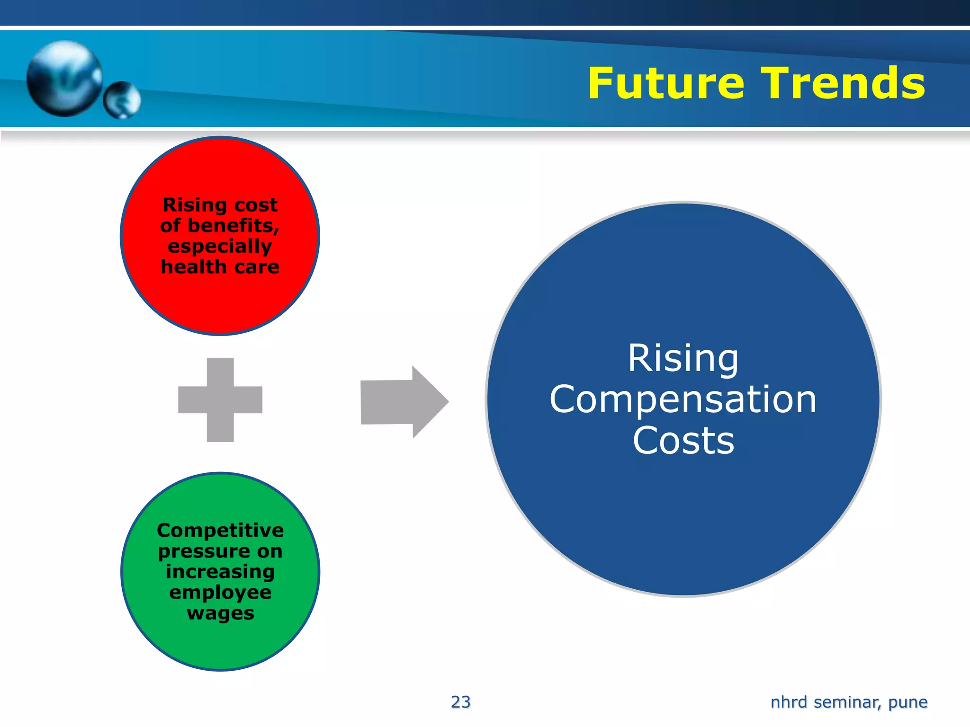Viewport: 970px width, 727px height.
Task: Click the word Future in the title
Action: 665,83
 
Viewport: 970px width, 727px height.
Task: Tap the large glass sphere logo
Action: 64,79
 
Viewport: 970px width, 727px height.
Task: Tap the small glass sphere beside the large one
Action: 122,99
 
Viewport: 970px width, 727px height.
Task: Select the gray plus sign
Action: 220,400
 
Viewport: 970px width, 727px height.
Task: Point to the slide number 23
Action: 460,702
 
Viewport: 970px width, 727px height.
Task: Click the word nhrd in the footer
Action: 789,702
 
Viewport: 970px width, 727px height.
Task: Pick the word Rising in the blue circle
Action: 683,359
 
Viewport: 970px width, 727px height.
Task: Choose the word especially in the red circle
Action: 220,247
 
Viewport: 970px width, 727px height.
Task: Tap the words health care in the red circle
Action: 220,267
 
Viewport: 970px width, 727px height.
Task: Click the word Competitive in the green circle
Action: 220,531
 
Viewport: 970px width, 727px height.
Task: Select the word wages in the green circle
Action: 220,613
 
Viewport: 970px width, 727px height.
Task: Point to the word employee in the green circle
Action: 220,593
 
